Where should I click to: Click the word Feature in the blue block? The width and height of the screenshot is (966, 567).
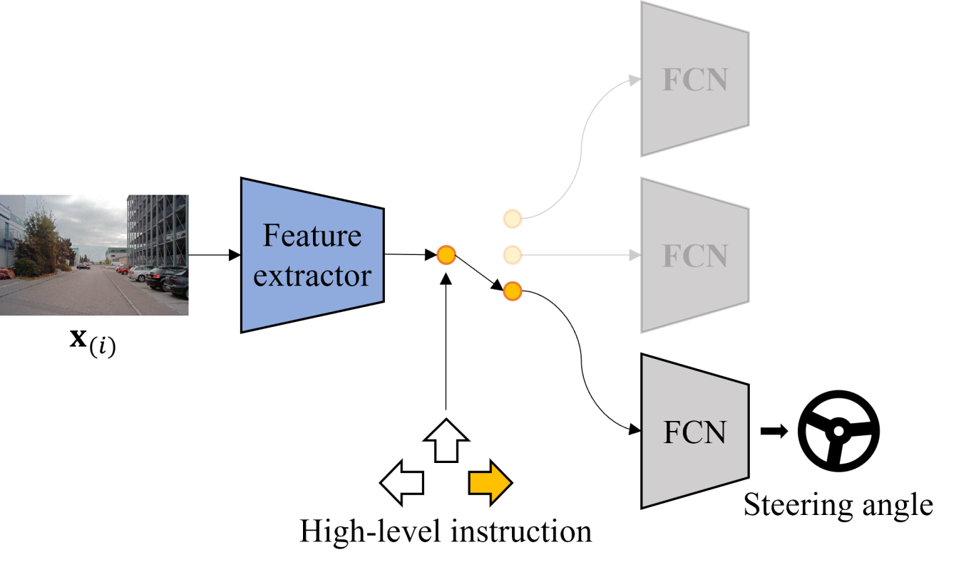pyautogui.click(x=312, y=236)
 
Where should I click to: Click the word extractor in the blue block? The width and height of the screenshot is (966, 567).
pyautogui.click(x=312, y=276)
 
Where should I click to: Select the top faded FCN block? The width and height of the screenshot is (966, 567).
pyautogui.click(x=694, y=79)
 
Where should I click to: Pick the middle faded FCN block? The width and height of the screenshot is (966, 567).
pyautogui.click(x=694, y=255)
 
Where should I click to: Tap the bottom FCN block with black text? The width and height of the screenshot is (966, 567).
pyautogui.click(x=694, y=432)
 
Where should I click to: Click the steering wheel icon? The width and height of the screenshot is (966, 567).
pyautogui.click(x=838, y=431)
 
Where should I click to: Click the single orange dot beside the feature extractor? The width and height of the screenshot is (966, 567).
pyautogui.click(x=446, y=254)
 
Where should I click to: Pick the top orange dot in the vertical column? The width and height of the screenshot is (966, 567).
pyautogui.click(x=513, y=219)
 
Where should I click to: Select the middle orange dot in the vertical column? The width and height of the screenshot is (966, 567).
pyautogui.click(x=513, y=254)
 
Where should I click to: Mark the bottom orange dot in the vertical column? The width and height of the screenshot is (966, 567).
pyautogui.click(x=513, y=291)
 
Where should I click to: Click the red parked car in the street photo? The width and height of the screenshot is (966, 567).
pyautogui.click(x=123, y=270)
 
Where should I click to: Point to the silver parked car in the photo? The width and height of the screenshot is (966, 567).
pyautogui.click(x=140, y=274)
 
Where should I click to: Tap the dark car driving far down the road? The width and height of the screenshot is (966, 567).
pyautogui.click(x=84, y=266)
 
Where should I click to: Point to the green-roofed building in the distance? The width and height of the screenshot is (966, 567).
pyautogui.click(x=116, y=254)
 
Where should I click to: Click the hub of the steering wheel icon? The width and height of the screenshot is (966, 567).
pyautogui.click(x=838, y=431)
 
